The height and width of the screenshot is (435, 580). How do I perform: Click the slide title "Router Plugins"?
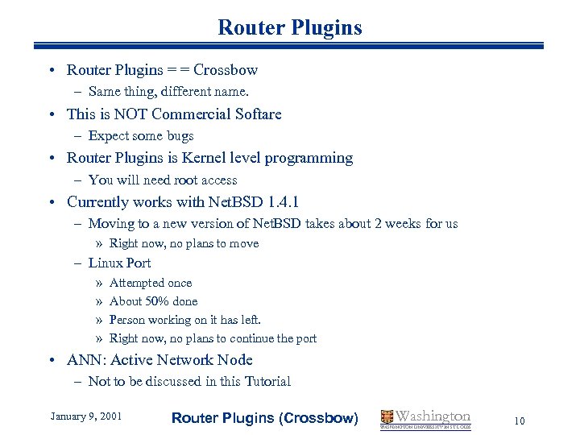(x=290, y=28)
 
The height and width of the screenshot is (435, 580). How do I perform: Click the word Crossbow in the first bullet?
(x=226, y=70)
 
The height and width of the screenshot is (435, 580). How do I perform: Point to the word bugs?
(x=178, y=136)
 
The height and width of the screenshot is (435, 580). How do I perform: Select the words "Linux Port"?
(x=119, y=263)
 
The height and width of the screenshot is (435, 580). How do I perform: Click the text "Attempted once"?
(x=151, y=283)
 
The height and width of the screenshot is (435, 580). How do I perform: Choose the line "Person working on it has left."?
(x=185, y=320)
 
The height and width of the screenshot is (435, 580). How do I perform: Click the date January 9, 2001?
(x=86, y=416)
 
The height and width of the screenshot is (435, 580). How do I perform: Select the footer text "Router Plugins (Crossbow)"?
(x=265, y=417)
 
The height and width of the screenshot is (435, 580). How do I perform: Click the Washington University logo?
(x=426, y=418)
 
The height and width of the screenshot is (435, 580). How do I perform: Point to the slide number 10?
(x=520, y=420)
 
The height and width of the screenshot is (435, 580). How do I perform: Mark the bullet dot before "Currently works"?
(x=52, y=202)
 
